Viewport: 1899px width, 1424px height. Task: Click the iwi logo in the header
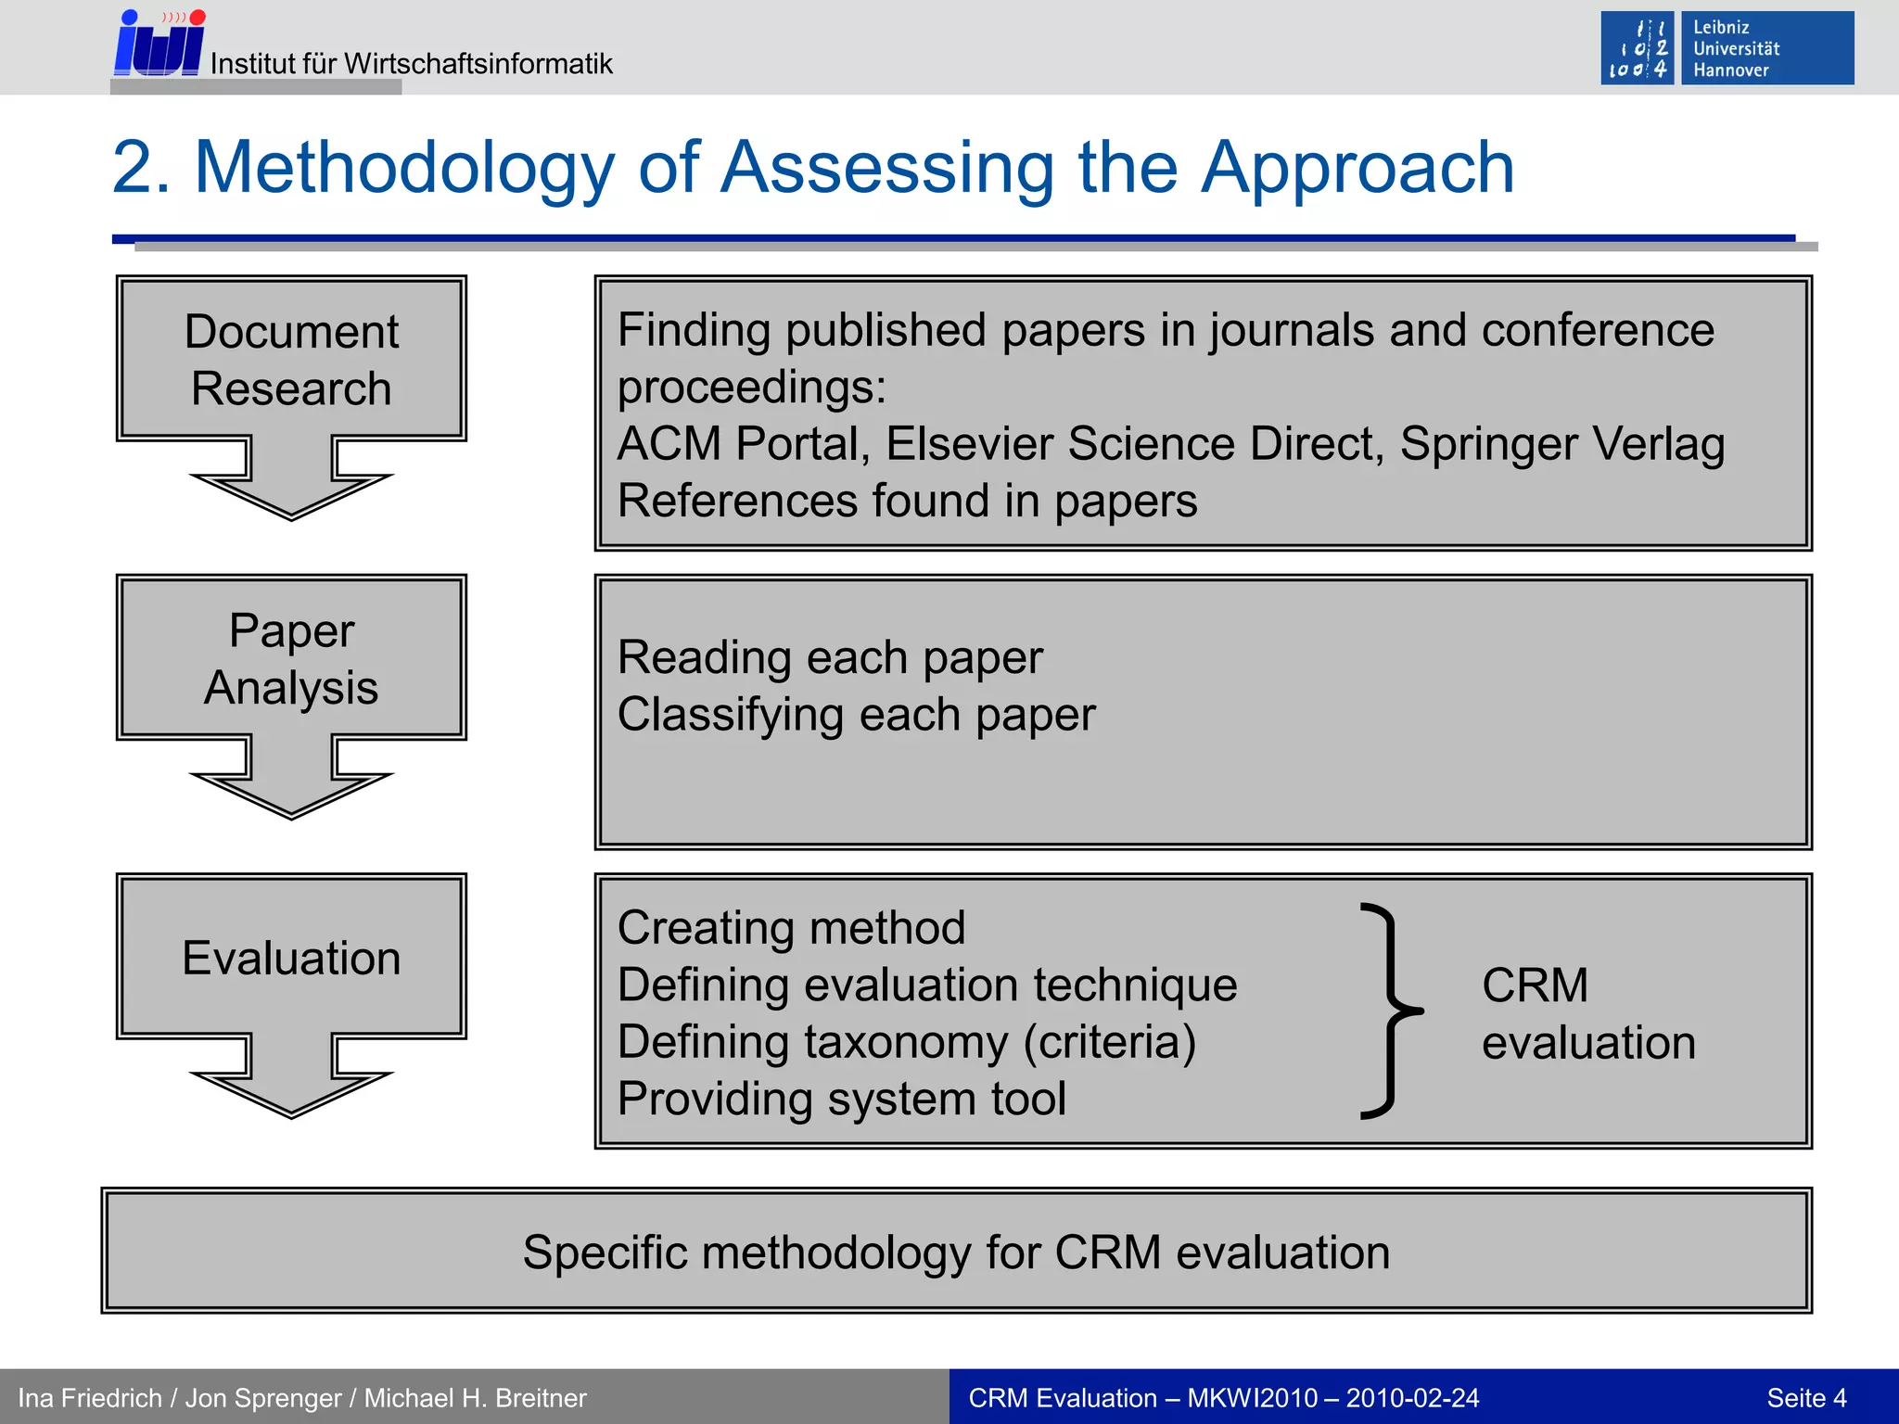tap(159, 44)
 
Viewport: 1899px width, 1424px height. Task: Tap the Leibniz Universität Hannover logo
tap(1727, 48)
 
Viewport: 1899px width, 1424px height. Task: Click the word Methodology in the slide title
tap(404, 168)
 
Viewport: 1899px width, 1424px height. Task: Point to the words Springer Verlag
tap(1561, 444)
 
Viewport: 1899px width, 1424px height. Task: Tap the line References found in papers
tap(907, 502)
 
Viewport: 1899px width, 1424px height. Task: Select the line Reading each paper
tap(830, 658)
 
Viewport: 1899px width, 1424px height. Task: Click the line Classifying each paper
tap(856, 715)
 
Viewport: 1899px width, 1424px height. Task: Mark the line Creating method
tap(791, 928)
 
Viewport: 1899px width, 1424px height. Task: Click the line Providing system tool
tap(841, 1100)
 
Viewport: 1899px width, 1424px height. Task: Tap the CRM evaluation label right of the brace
tap(1587, 1013)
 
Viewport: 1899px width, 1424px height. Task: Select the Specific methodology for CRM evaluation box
tap(956, 1252)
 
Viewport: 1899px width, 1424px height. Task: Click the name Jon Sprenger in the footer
tap(263, 1398)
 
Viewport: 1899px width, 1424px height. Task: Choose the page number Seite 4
tap(1805, 1398)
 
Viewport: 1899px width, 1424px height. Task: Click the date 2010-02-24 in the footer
tap(1412, 1398)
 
